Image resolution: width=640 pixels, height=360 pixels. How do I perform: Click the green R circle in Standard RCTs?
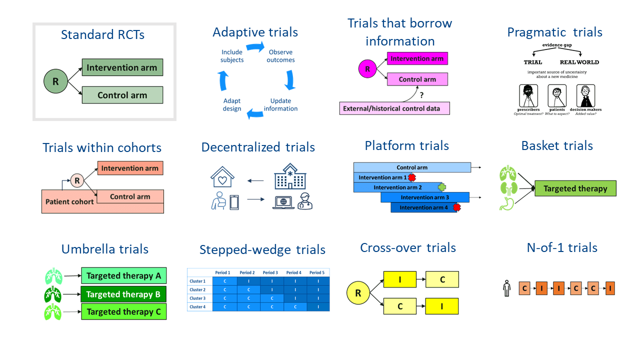pos(55,81)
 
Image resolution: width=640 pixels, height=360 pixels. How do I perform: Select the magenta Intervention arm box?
pos(417,58)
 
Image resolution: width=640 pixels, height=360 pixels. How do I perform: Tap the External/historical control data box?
pos(394,108)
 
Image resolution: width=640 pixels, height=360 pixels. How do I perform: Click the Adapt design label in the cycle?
pos(231,104)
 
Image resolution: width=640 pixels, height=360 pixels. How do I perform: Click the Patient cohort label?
pos(69,202)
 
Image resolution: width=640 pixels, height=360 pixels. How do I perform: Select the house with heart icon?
pos(222,177)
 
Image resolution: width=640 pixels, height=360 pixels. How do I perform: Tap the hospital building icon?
pos(289,176)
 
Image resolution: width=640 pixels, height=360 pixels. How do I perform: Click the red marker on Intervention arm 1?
pos(412,177)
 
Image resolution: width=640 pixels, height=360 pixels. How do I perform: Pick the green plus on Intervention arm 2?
pos(441,187)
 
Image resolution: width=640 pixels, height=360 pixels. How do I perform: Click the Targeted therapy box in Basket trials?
pos(575,188)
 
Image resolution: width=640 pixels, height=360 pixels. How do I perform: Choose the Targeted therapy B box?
pos(123,294)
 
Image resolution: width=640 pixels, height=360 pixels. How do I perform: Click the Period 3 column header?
pos(270,272)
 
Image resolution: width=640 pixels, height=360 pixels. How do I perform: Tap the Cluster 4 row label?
pos(197,306)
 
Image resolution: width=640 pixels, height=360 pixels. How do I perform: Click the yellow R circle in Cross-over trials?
pos(358,293)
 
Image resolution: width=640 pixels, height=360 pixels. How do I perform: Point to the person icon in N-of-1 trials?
pos(507,288)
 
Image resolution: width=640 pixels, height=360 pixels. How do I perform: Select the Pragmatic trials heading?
pos(554,32)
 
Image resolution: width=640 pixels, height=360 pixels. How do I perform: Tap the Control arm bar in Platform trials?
pos(412,167)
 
